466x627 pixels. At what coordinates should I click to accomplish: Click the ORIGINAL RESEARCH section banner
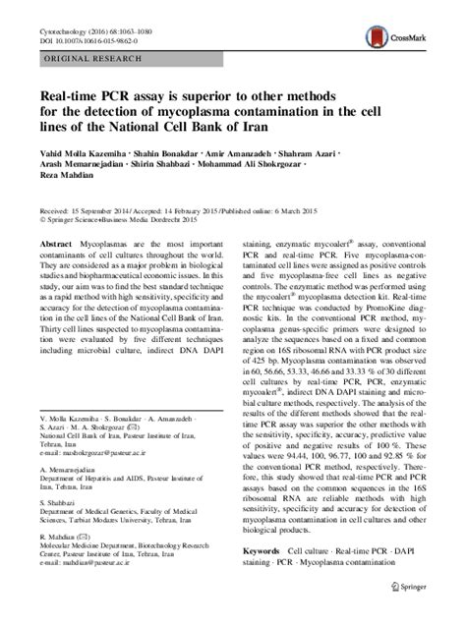tap(87, 60)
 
